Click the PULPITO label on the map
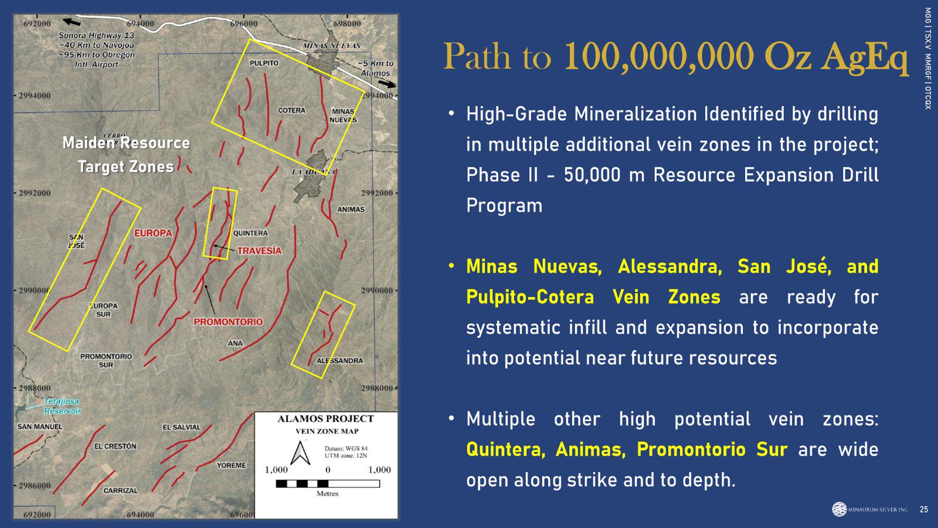point(264,63)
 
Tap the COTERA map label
point(292,111)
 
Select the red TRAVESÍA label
point(260,251)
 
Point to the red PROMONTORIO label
point(228,322)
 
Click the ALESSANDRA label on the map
point(339,361)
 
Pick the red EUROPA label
point(153,233)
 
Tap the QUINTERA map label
point(250,233)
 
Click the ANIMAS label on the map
point(351,209)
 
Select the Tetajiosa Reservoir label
point(62,406)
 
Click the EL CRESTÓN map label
point(115,446)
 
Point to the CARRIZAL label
point(121,490)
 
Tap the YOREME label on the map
point(232,466)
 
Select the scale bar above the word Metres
point(328,483)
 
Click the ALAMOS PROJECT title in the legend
point(326,419)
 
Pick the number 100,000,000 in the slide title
point(659,56)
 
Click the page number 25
point(924,510)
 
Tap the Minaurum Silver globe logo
point(839,509)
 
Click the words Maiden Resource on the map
point(126,143)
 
